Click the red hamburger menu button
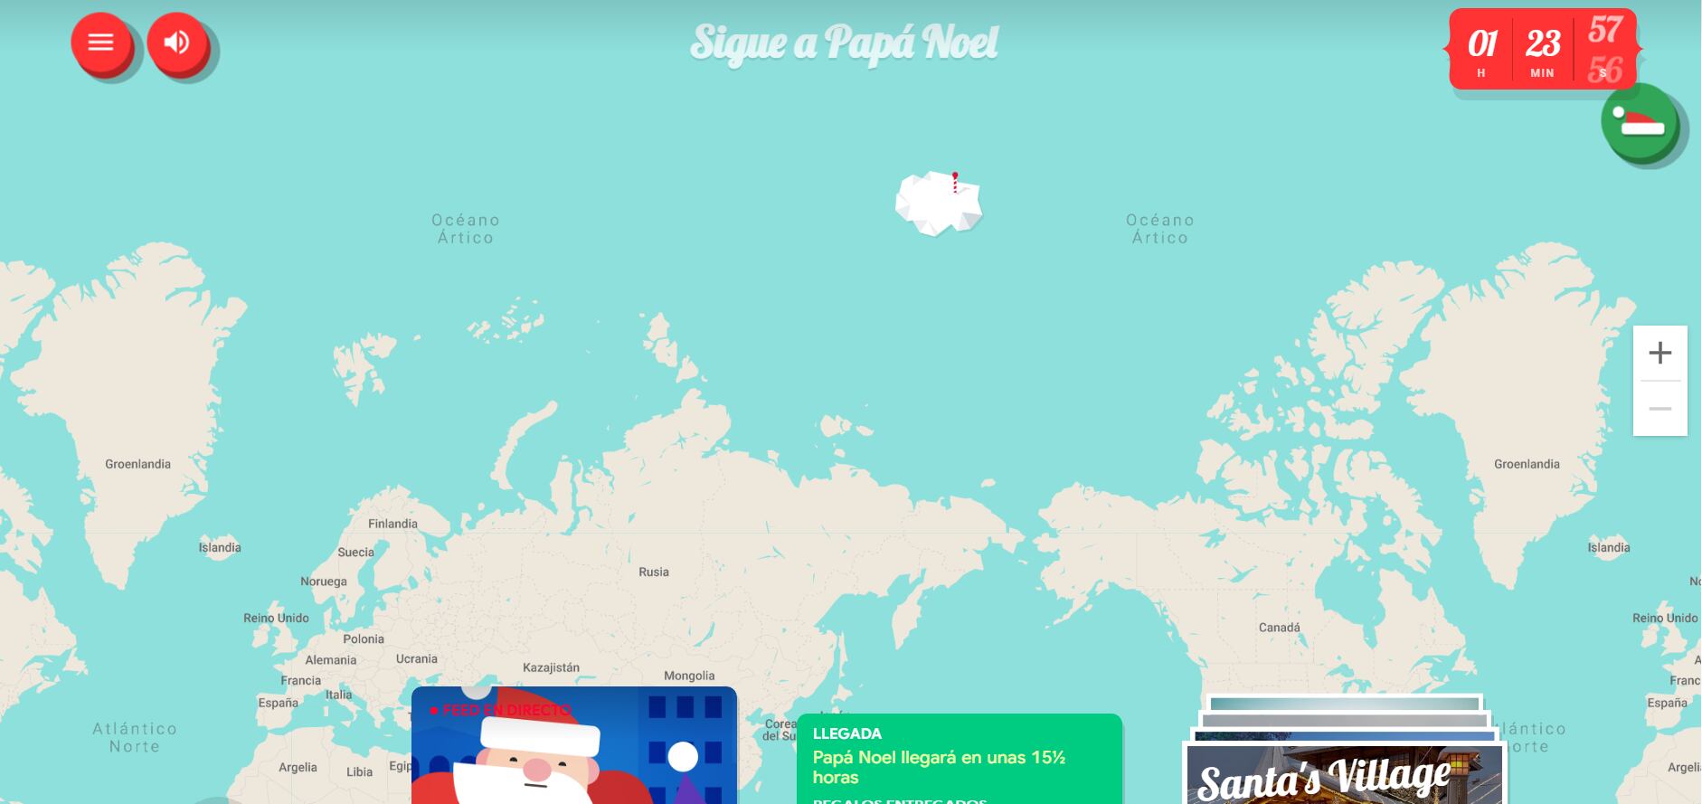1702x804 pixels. [x=100, y=43]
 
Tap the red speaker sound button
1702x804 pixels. [x=177, y=43]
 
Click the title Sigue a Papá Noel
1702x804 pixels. [x=844, y=43]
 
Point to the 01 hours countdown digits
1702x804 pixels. [x=1481, y=44]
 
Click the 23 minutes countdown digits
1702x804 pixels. [x=1543, y=44]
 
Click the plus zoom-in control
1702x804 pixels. [x=1659, y=353]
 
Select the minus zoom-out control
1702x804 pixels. [x=1659, y=409]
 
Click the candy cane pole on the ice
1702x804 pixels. [x=955, y=183]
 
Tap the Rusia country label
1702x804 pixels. [x=654, y=572]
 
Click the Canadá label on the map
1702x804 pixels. [x=1279, y=628]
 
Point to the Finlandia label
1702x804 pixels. [x=392, y=524]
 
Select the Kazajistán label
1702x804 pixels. [x=551, y=667]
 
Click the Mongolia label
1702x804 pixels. [x=689, y=676]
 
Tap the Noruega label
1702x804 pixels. [x=323, y=582]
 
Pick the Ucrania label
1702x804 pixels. [x=416, y=659]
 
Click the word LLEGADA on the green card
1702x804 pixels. [x=846, y=733]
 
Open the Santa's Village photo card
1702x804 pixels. [x=1344, y=774]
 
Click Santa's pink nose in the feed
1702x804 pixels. [x=536, y=770]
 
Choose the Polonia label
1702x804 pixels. [x=364, y=638]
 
